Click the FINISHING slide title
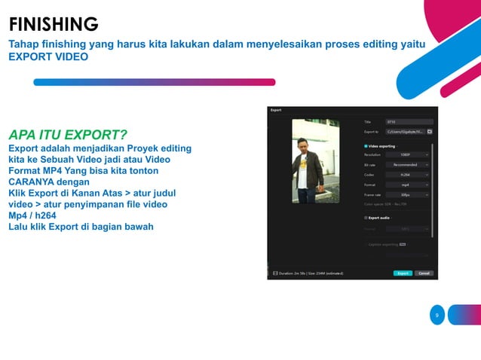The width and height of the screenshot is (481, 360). click(53, 24)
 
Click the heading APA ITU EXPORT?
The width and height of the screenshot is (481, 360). click(67, 136)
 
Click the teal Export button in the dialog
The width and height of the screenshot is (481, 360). click(403, 273)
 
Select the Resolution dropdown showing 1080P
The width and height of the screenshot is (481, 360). click(407, 154)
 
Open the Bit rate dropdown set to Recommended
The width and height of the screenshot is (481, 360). click(407, 164)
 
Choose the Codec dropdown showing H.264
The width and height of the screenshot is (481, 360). click(407, 174)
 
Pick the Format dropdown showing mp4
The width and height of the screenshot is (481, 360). click(407, 184)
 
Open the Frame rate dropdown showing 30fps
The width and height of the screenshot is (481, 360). click(407, 194)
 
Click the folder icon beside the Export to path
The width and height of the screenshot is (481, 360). click(430, 131)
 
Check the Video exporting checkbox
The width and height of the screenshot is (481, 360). click(366, 145)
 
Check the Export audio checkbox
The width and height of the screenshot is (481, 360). click(366, 218)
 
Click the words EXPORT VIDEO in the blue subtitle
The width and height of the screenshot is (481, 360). click(47, 56)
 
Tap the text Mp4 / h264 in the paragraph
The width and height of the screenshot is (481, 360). click(38, 215)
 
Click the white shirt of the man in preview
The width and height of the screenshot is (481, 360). click(303, 172)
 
